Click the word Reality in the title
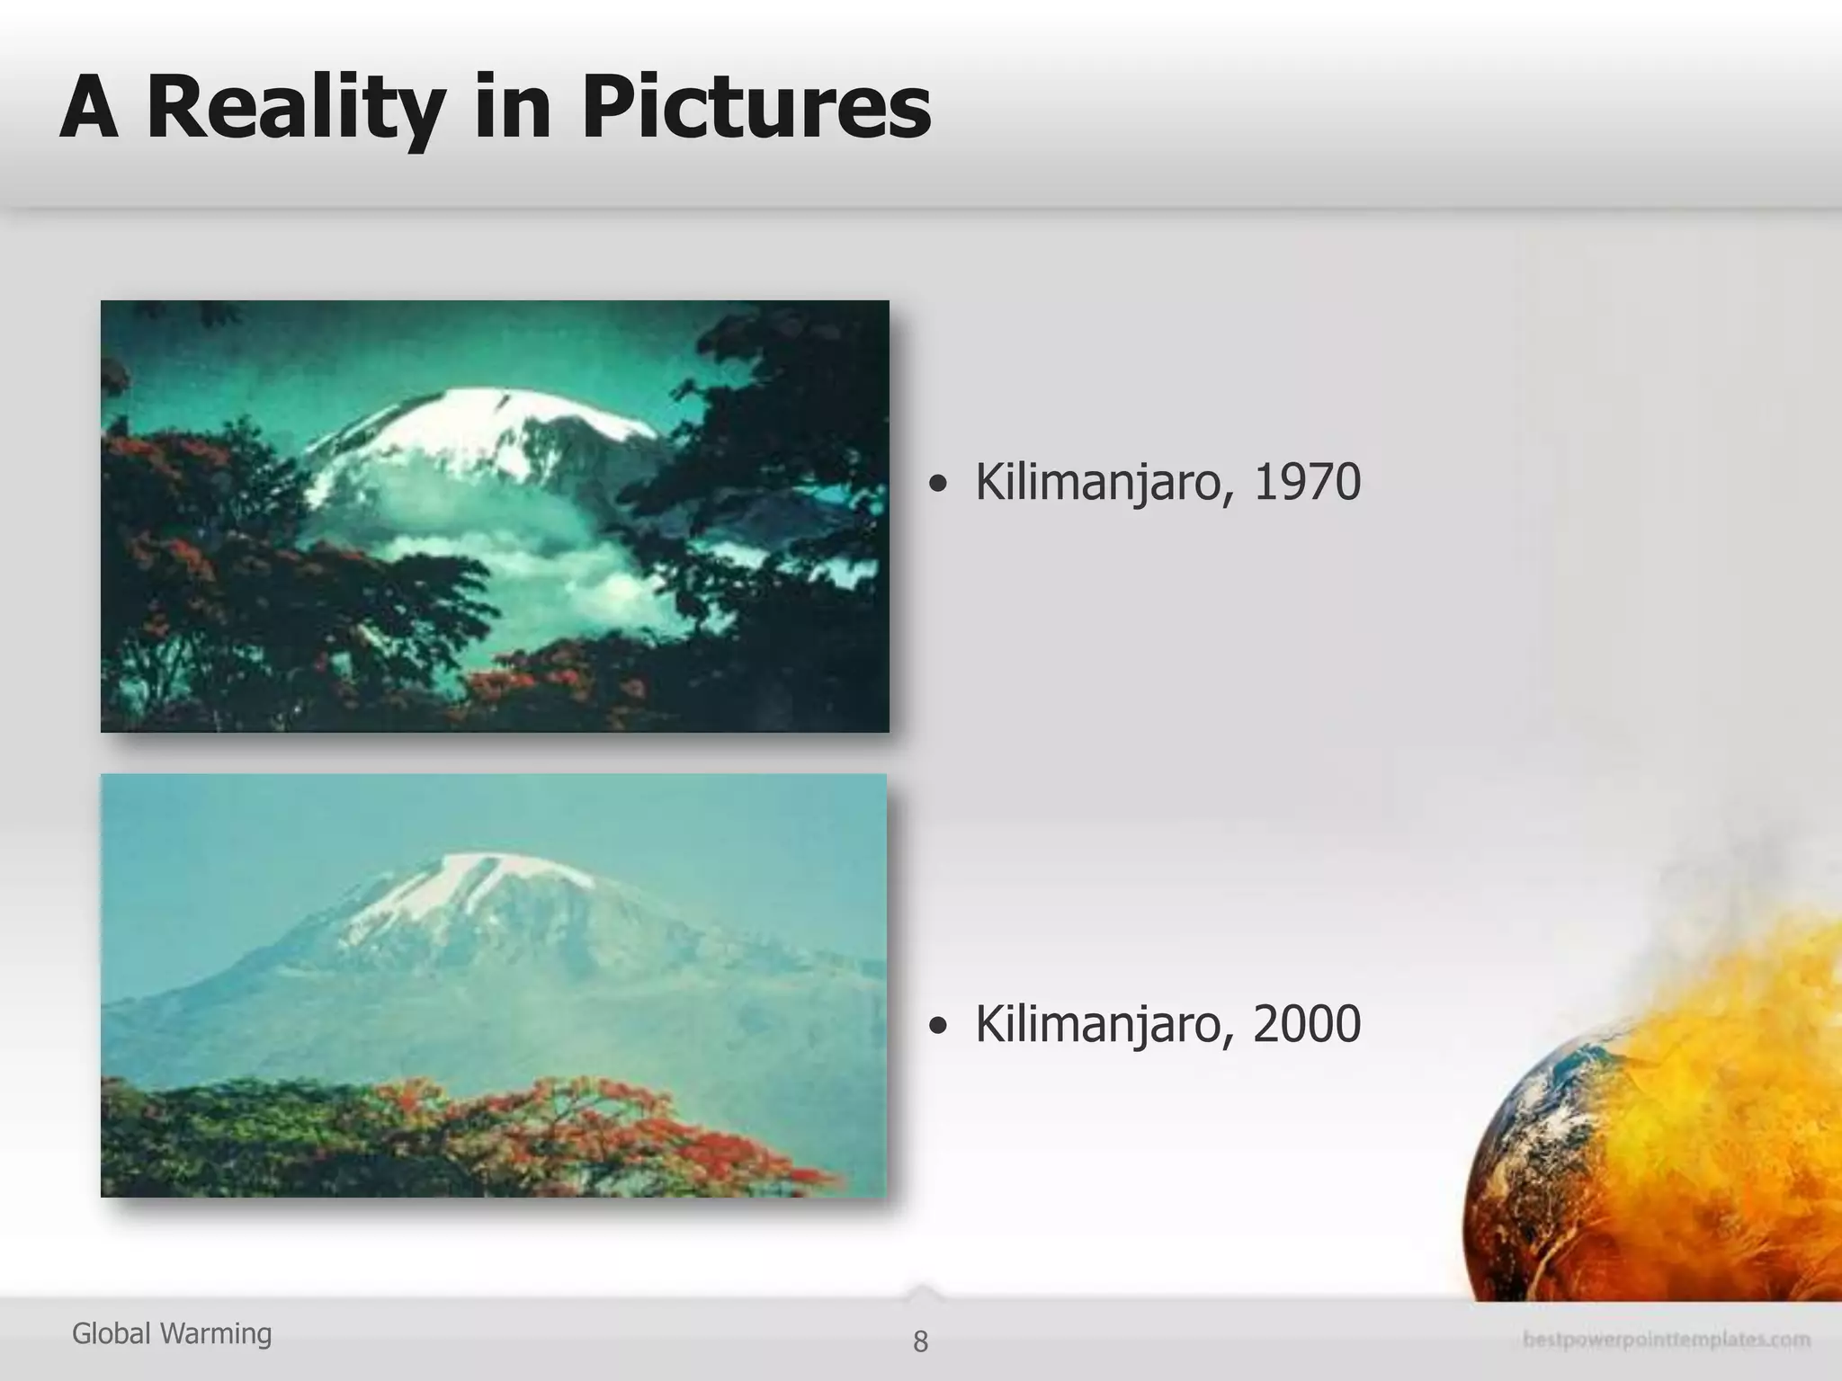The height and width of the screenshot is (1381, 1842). pos(295,108)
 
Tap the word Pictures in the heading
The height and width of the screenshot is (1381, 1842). pos(756,108)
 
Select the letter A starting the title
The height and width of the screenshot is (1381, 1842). pos(90,108)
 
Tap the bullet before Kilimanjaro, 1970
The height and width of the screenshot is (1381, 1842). pos(938,486)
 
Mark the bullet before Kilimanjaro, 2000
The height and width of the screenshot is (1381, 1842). pos(938,1028)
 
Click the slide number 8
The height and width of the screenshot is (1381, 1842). pos(920,1341)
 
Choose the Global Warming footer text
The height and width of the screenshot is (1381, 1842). pos(172,1333)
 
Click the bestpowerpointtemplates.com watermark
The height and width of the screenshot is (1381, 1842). pos(1667,1340)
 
